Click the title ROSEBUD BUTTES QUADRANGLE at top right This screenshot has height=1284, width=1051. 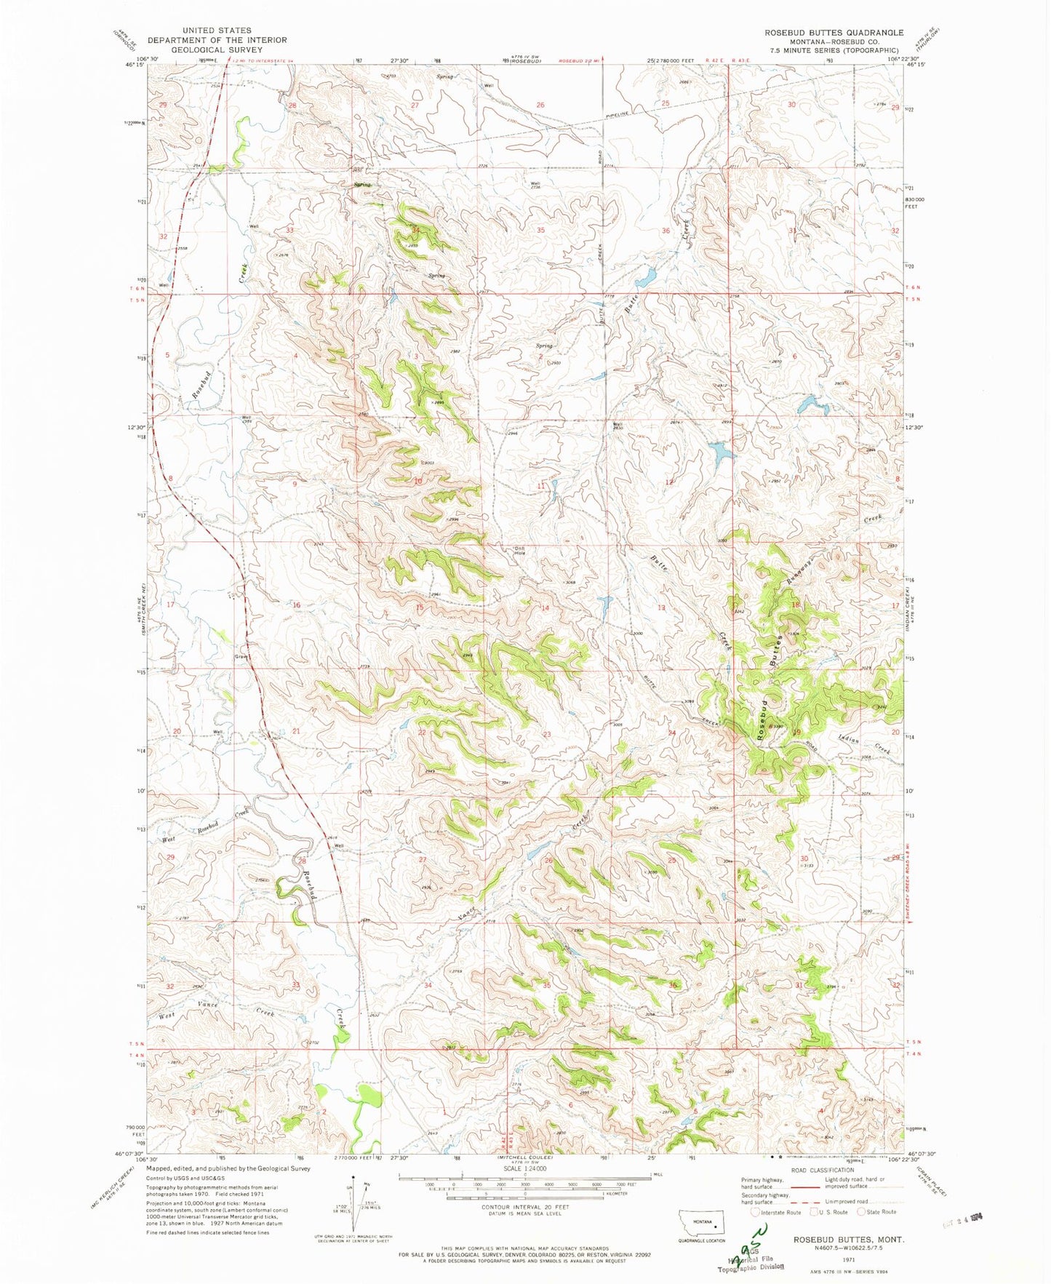(x=834, y=33)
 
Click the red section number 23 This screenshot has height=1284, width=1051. (x=546, y=735)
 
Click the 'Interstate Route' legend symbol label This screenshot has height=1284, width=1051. (x=781, y=1212)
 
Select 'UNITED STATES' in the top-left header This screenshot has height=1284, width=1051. (x=217, y=31)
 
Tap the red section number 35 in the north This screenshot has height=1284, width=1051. (x=540, y=230)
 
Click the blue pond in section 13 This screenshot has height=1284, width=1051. (x=604, y=602)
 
